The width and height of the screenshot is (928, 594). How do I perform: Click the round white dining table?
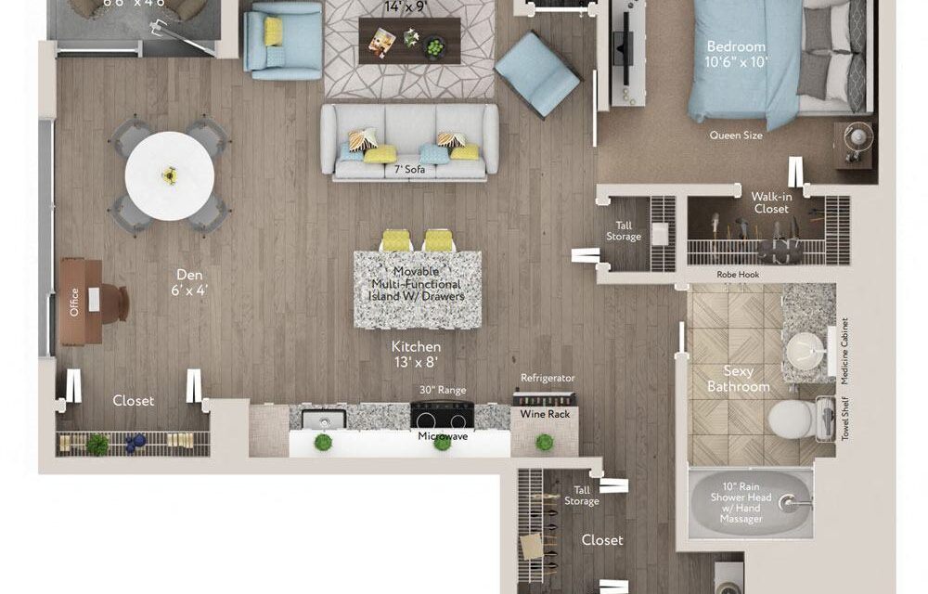(170, 175)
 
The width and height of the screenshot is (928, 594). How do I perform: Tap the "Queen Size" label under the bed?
(736, 135)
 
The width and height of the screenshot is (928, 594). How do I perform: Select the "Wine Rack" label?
(545, 414)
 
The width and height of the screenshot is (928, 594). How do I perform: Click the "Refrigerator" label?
(548, 378)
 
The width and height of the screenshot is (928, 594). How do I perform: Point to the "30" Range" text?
(443, 390)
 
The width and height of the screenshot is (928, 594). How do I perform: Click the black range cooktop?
(442, 413)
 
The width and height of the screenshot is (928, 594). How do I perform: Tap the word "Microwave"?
(442, 435)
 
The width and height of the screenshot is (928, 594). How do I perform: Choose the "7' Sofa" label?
(409, 169)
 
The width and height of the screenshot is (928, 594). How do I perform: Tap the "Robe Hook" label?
(739, 275)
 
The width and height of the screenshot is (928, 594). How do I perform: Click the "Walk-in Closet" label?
(770, 202)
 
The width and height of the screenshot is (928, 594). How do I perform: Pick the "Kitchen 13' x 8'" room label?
(416, 354)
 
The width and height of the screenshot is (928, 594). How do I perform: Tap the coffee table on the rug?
(409, 40)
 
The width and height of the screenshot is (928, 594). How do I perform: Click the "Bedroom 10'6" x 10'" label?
(736, 54)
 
